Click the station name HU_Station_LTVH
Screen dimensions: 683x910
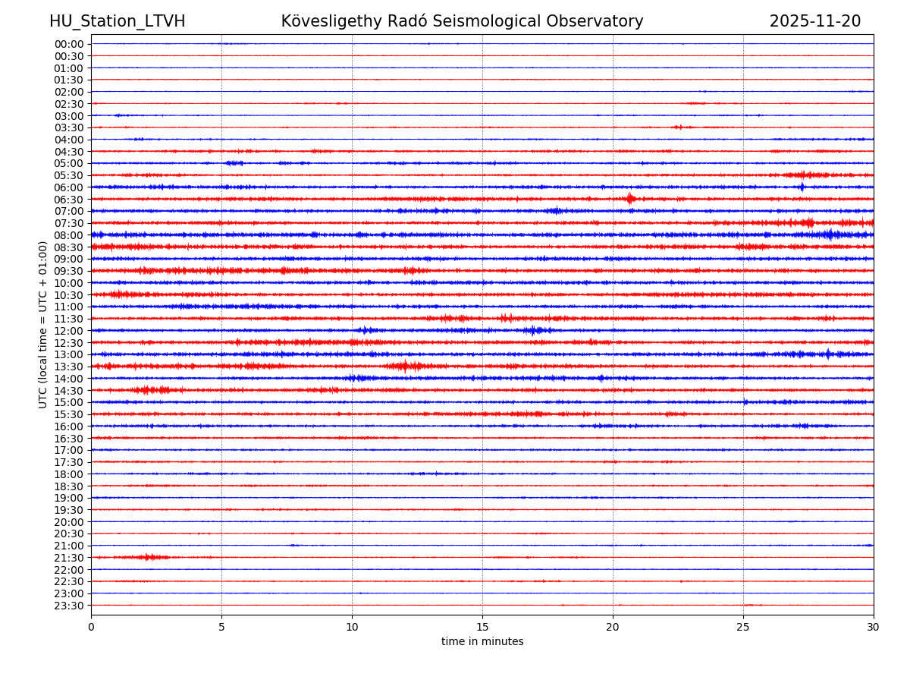pyautogui.click(x=117, y=21)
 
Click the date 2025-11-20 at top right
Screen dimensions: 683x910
pyautogui.click(x=815, y=21)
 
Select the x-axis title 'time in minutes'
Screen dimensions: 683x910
pyautogui.click(x=482, y=642)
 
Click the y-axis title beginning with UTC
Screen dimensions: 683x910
pyautogui.click(x=43, y=324)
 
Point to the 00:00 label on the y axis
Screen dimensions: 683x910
pyautogui.click(x=69, y=44)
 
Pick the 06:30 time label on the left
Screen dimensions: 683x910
pyautogui.click(x=69, y=200)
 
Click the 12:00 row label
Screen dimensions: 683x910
pyautogui.click(x=69, y=331)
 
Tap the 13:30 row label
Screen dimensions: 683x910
pyautogui.click(x=69, y=367)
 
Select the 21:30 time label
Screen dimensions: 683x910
pyautogui.click(x=69, y=558)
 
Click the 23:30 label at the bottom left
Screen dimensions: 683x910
pyautogui.click(x=69, y=606)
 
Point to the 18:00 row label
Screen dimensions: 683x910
pyautogui.click(x=69, y=474)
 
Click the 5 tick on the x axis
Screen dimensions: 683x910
pyautogui.click(x=221, y=627)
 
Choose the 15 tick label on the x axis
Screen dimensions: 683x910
pyautogui.click(x=482, y=627)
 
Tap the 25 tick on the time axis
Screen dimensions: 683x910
pyautogui.click(x=743, y=627)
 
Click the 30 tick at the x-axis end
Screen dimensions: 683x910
pyautogui.click(x=874, y=627)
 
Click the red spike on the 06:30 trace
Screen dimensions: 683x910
pyautogui.click(x=630, y=199)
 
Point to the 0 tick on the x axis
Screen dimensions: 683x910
pyautogui.click(x=91, y=627)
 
